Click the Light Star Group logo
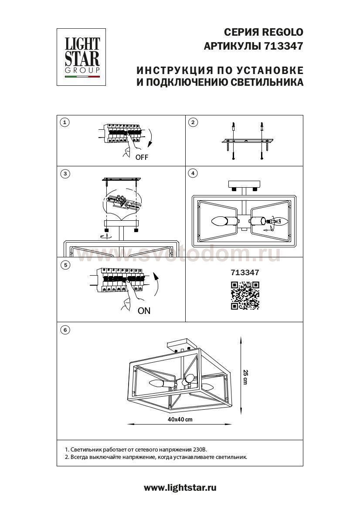coord(82,57)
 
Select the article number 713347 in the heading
coord(284,45)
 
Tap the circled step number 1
coord(65,122)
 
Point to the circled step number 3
coord(65,174)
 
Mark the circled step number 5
coord(65,265)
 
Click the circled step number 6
coord(65,330)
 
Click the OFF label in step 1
coord(142,158)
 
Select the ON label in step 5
coord(144,311)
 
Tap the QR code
coord(245,295)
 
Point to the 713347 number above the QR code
coord(245,273)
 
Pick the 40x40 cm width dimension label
coord(180,419)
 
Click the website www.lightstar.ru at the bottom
coord(180,488)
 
